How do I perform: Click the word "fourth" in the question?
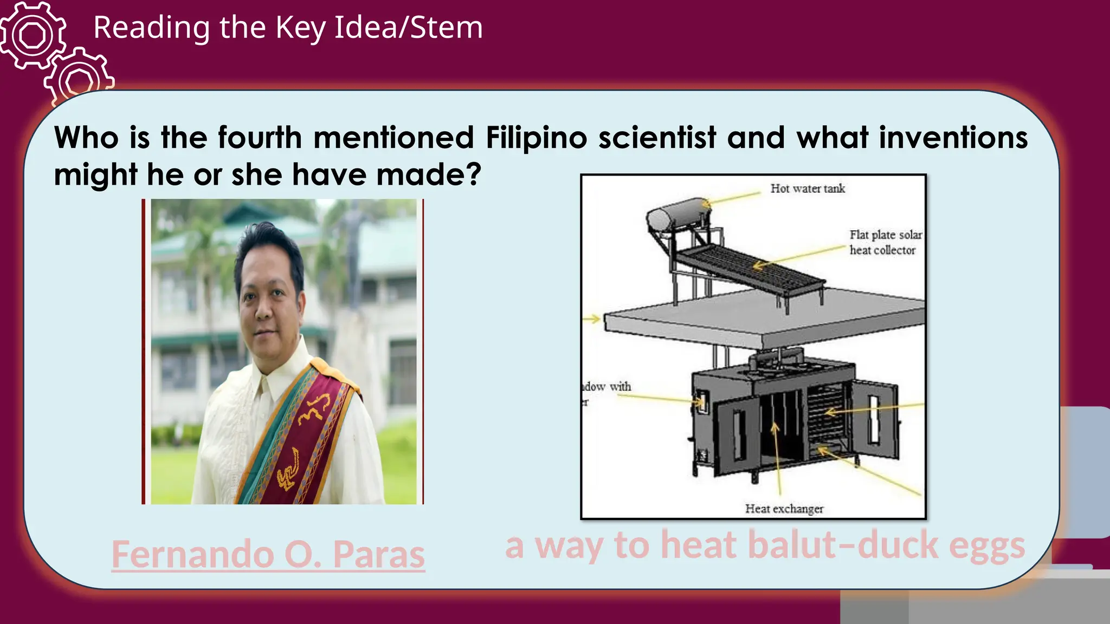click(x=260, y=138)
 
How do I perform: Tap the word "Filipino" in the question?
click(x=537, y=138)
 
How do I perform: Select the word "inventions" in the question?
click(x=953, y=138)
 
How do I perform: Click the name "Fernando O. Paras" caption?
click(x=268, y=554)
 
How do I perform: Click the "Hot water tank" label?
click(x=808, y=188)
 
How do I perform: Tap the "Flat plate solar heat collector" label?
click(x=885, y=242)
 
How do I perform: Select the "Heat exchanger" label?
click(x=784, y=509)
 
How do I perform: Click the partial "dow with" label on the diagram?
click(x=607, y=387)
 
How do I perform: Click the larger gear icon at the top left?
click(x=33, y=36)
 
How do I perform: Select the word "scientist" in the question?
click(x=657, y=138)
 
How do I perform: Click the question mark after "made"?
click(x=473, y=174)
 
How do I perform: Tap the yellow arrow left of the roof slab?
click(x=592, y=319)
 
